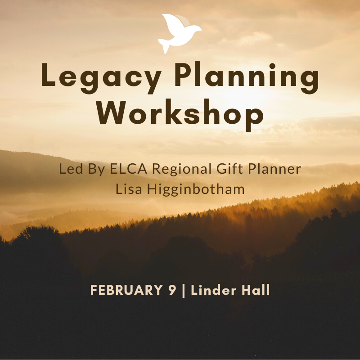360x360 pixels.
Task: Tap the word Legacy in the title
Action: pos(101,77)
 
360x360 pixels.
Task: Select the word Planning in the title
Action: pos(247,77)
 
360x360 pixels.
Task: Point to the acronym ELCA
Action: pos(128,168)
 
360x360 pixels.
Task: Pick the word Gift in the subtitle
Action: pos(229,168)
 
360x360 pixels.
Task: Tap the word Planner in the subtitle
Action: pos(274,168)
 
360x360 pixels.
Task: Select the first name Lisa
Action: pos(129,189)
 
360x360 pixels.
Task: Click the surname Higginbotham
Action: pos(196,189)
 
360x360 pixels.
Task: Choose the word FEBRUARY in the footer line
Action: pos(126,290)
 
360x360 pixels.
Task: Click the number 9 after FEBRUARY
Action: pos(172,290)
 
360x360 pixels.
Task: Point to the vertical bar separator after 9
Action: pos(184,291)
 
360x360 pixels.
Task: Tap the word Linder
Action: pos(213,290)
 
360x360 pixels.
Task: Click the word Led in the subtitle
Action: pos(71,168)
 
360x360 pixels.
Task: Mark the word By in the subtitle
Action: pos(96,170)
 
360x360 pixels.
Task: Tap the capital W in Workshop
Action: pos(111,112)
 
